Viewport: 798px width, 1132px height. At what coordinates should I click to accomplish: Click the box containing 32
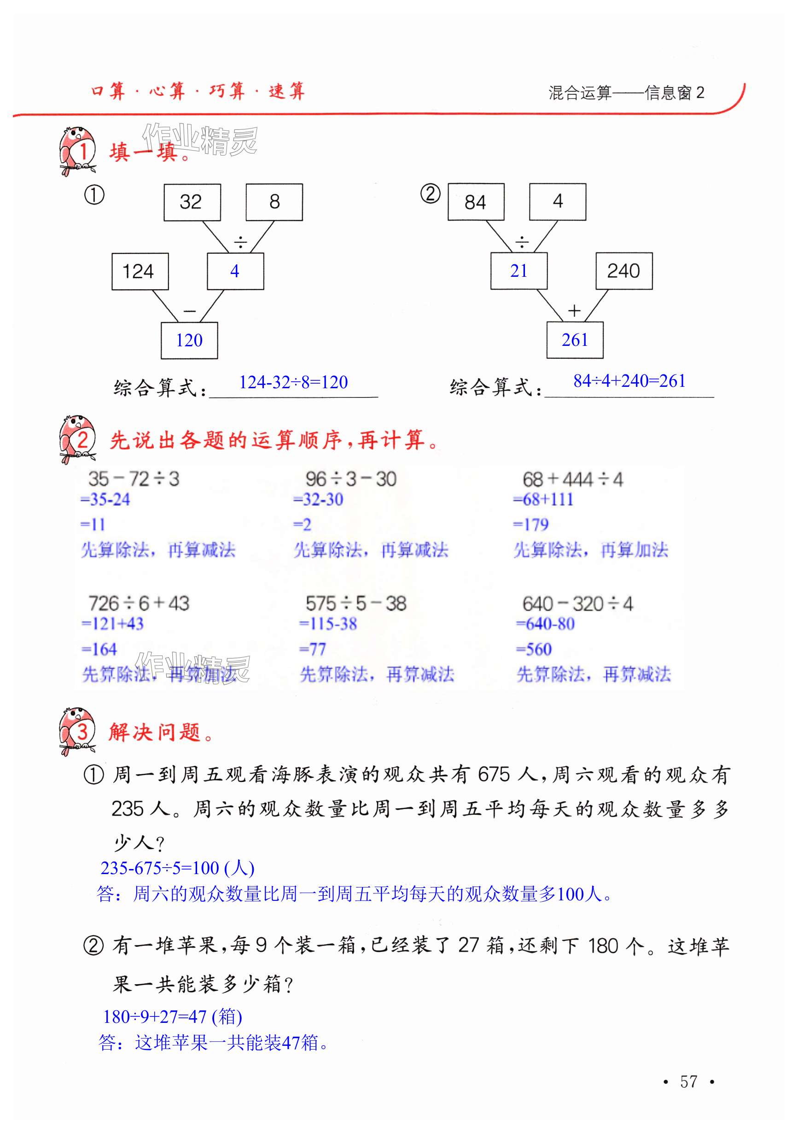coord(192,202)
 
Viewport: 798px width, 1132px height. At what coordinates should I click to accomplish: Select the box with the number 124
coord(140,271)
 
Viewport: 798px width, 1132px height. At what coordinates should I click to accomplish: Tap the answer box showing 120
coord(189,340)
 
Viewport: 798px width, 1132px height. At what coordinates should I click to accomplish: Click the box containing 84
coord(476,202)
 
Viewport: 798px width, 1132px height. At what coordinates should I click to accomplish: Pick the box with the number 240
coord(623,271)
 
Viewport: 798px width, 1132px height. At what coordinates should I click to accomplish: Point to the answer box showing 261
coord(575,340)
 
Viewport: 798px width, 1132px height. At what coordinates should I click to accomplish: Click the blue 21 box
coord(518,271)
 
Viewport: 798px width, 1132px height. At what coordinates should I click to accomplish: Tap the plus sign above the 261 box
coord(574,310)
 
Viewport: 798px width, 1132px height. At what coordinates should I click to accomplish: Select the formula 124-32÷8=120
coord(293,382)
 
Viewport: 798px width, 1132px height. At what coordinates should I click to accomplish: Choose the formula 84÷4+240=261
coord(629,381)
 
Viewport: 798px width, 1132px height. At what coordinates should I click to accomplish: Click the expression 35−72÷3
coord(134,479)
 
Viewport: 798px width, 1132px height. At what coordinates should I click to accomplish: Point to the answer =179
coord(531,524)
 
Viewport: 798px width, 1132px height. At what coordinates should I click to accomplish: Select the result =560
coord(534,649)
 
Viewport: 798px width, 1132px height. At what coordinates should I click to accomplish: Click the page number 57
coord(688,1081)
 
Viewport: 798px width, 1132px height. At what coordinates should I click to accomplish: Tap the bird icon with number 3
coord(77,731)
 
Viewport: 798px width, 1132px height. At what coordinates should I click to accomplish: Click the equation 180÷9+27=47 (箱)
coord(172,1016)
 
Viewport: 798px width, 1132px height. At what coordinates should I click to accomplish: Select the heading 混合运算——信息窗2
coord(626,93)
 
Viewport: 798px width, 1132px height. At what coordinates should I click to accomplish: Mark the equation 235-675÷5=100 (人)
coord(177,868)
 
